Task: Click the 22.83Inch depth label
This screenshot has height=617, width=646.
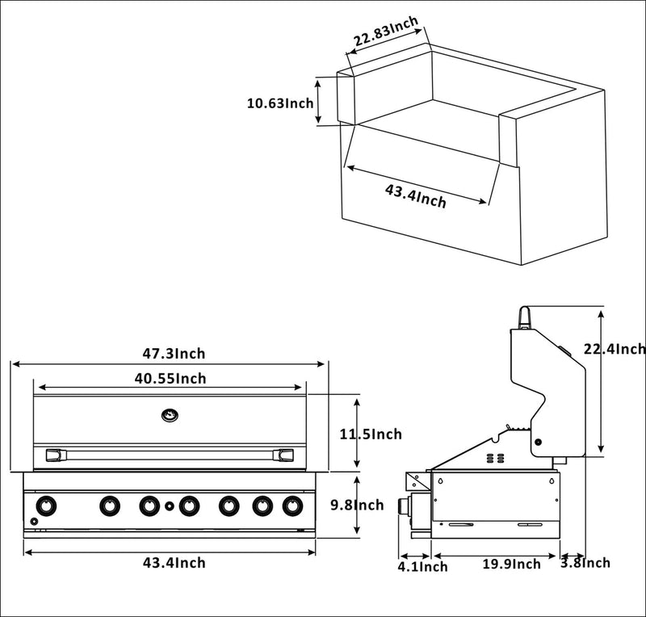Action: click(385, 36)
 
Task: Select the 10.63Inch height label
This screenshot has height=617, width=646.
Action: click(280, 103)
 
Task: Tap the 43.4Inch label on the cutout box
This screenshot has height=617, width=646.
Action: click(415, 195)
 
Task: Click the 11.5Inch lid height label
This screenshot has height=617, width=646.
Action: click(371, 434)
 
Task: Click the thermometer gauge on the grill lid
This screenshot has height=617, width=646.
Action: click(169, 415)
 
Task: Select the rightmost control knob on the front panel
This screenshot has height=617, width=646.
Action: click(292, 506)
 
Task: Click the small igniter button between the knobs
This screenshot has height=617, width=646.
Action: click(169, 506)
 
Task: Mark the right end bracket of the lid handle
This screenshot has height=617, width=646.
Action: click(283, 455)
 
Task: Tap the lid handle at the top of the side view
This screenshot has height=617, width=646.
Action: click(525, 317)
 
